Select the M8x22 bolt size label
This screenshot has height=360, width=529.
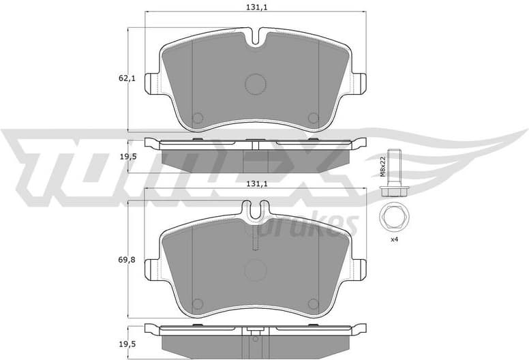tap(384, 166)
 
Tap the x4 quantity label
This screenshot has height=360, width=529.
tap(393, 240)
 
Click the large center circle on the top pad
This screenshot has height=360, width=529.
tap(255, 84)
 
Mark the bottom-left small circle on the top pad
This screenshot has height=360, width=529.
tap(197, 118)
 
